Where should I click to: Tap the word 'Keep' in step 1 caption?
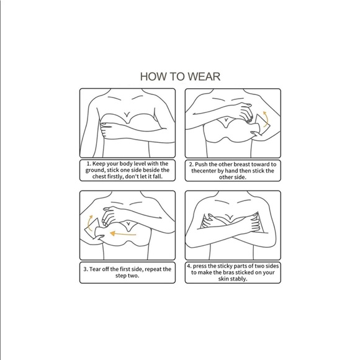[x=99, y=164]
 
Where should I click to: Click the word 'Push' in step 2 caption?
[x=201, y=164]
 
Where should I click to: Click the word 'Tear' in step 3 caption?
[x=94, y=269]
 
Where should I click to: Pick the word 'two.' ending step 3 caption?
[x=132, y=276]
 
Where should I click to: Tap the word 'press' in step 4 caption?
[x=200, y=266]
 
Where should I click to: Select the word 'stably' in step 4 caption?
[x=238, y=279]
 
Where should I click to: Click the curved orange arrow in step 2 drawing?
[x=266, y=119]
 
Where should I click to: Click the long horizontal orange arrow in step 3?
[x=123, y=234]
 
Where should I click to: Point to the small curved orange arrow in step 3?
[x=89, y=223]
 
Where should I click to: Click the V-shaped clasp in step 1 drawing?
[x=127, y=114]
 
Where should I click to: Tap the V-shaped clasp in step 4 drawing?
[x=228, y=217]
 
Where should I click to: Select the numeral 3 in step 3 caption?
[x=84, y=269]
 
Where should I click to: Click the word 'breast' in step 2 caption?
[x=242, y=164]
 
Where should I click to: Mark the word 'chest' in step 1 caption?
[x=99, y=176]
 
